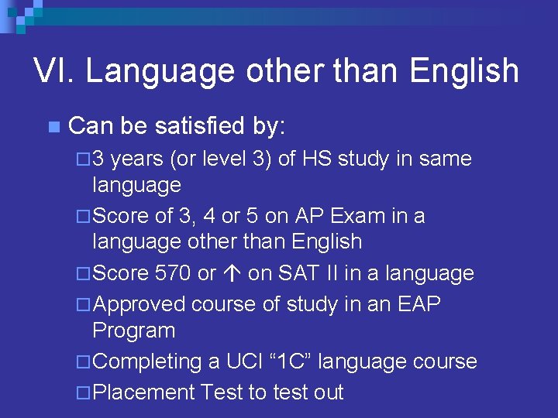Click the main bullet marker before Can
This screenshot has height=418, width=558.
[53, 126]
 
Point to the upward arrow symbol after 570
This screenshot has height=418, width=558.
[235, 274]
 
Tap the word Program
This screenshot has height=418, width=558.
[133, 331]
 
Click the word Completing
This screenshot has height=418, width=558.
[147, 361]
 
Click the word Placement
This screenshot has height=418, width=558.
[143, 392]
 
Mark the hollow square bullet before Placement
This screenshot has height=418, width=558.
[84, 393]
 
